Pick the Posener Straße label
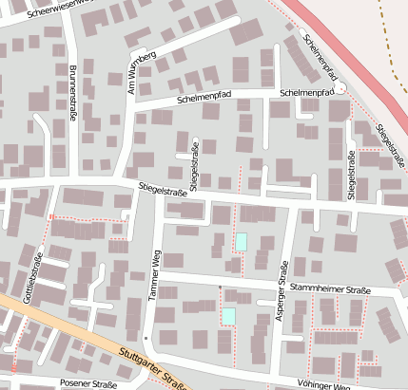tap(87, 384)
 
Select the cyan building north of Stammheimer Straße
tap(242, 241)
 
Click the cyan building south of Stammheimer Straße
tap(228, 315)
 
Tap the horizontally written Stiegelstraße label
tap(162, 191)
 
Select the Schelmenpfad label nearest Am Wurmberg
tap(204, 99)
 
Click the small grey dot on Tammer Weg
tap(146, 337)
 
